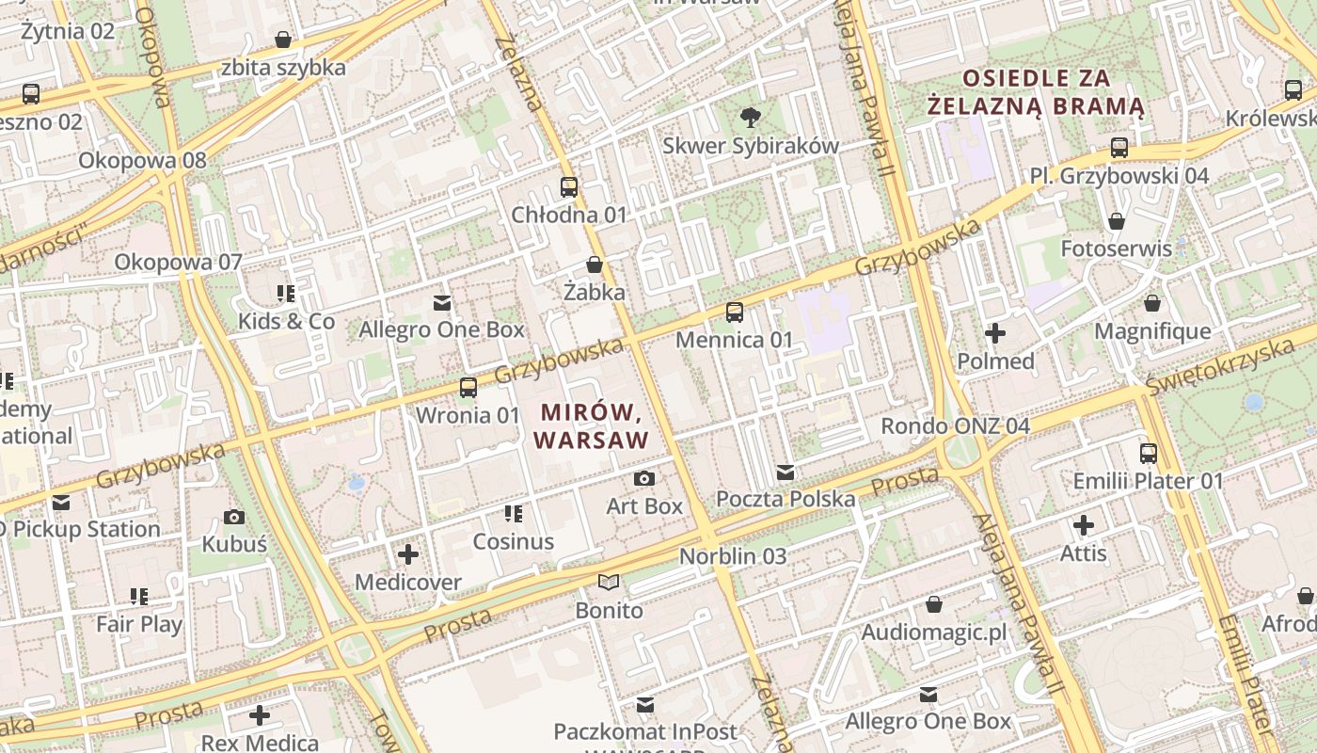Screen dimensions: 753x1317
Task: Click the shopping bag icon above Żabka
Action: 594,264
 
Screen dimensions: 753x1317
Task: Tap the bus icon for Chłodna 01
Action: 568,186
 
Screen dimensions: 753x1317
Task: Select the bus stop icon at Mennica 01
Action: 734,312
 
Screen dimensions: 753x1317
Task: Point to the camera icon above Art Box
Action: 643,478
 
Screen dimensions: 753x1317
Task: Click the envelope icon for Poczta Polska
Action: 785,472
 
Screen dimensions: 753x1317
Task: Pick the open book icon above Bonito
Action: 609,583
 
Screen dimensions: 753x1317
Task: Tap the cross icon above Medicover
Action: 408,554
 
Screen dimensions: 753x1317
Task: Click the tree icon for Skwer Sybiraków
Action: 750,118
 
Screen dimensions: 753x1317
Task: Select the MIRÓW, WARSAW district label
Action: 591,426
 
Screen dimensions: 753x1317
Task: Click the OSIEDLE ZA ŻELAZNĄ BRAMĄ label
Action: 1036,92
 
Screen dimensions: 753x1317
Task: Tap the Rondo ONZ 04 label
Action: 955,426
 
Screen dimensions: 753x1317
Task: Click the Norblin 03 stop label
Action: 733,556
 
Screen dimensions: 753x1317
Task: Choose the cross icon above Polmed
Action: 994,333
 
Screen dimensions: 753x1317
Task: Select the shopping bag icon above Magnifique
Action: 1151,303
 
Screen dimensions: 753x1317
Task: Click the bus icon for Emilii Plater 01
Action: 1148,454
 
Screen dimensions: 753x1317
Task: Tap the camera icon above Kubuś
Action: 234,517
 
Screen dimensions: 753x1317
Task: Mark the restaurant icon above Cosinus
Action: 513,514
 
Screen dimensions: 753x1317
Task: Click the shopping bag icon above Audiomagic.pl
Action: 933,604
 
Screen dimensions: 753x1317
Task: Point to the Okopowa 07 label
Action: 179,262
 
